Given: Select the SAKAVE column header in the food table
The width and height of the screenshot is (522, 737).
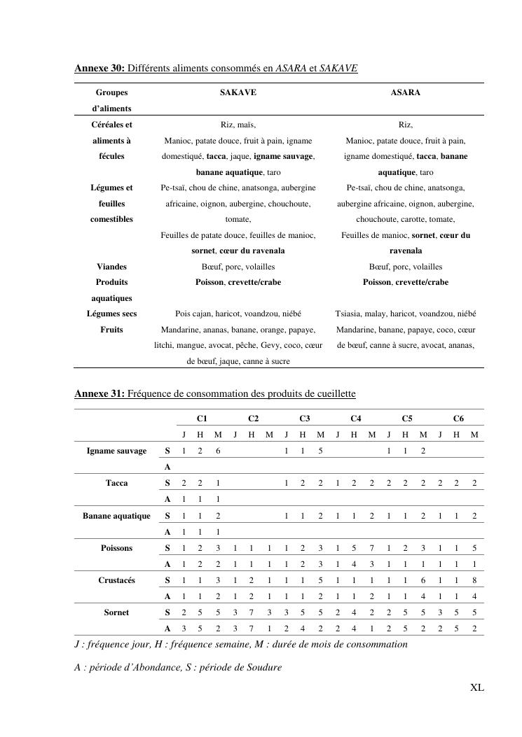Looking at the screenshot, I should [x=238, y=92].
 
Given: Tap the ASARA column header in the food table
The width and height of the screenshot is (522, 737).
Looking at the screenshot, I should [x=405, y=92].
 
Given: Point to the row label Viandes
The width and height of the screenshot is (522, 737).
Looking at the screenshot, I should [x=111, y=267].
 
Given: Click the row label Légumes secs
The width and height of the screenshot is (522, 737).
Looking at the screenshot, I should [x=111, y=314].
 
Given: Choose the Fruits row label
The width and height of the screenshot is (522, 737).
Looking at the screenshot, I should [x=111, y=330].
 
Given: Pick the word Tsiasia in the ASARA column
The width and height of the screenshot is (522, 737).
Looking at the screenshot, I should [x=350, y=314].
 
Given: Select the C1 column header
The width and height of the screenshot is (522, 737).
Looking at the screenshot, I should [x=201, y=419].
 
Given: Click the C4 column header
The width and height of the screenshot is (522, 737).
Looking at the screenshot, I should [x=355, y=419].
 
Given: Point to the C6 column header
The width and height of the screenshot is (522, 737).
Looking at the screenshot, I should [x=458, y=419].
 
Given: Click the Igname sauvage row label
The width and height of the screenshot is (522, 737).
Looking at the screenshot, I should [x=116, y=451].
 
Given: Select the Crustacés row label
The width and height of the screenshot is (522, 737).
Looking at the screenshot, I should [x=116, y=580].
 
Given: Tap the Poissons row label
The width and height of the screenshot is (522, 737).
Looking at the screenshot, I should [x=116, y=548].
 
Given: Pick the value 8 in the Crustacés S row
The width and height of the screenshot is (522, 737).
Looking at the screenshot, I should [x=475, y=580].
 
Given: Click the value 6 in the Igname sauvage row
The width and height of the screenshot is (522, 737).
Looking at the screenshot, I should [x=218, y=451].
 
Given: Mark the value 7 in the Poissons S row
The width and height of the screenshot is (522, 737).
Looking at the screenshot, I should [x=372, y=548].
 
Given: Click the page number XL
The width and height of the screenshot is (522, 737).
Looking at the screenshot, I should [x=476, y=688].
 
